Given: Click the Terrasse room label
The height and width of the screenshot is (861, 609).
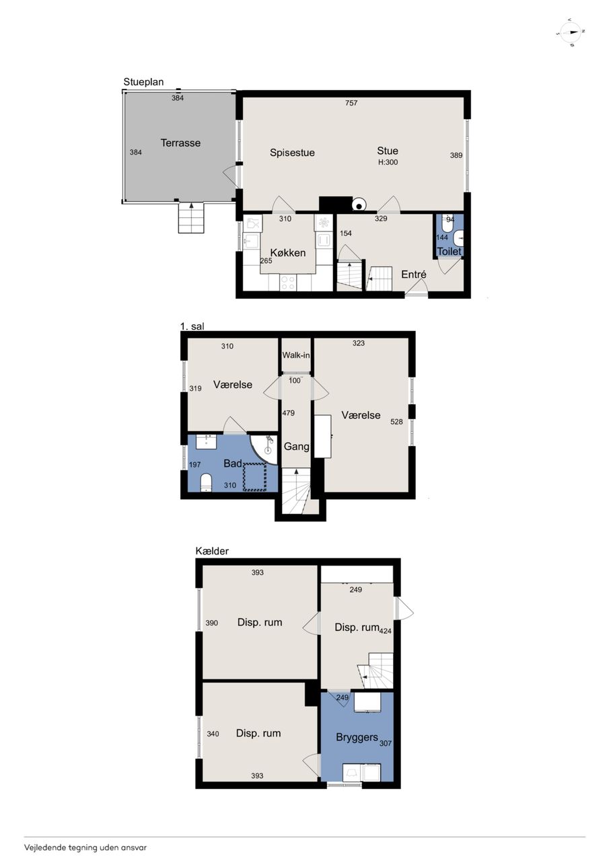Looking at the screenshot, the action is click(x=180, y=143).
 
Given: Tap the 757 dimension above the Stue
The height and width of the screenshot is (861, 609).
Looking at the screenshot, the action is click(x=351, y=103).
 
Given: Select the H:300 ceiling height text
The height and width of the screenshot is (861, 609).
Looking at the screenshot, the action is click(x=388, y=162).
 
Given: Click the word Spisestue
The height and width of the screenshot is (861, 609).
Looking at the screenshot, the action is click(x=292, y=153).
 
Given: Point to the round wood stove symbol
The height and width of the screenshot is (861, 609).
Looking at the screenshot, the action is click(x=359, y=206).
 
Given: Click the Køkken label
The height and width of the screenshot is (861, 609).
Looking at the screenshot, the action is click(x=288, y=253).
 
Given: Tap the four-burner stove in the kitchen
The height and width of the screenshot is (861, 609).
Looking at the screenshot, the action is click(x=288, y=283).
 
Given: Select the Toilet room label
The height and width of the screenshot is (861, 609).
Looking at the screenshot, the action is click(x=449, y=252).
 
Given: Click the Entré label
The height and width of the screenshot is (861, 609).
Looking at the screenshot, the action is click(x=414, y=274).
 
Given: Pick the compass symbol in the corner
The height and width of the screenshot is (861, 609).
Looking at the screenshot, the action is click(x=570, y=33).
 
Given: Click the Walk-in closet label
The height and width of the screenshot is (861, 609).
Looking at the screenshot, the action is click(x=296, y=355).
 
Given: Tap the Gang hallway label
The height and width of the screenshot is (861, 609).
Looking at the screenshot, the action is click(x=297, y=446).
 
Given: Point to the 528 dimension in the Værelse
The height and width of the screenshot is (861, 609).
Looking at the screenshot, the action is click(x=397, y=422).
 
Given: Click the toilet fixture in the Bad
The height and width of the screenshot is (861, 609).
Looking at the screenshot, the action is click(x=207, y=482).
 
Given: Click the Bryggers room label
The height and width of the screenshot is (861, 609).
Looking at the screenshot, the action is click(x=357, y=737).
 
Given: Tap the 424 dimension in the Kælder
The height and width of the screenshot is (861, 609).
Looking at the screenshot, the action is click(x=385, y=630).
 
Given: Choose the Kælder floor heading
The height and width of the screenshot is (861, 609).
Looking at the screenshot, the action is click(x=212, y=551).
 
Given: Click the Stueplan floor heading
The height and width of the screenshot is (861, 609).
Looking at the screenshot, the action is click(x=143, y=82).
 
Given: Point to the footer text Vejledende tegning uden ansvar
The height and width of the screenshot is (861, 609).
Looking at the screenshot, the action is click(x=85, y=847).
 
